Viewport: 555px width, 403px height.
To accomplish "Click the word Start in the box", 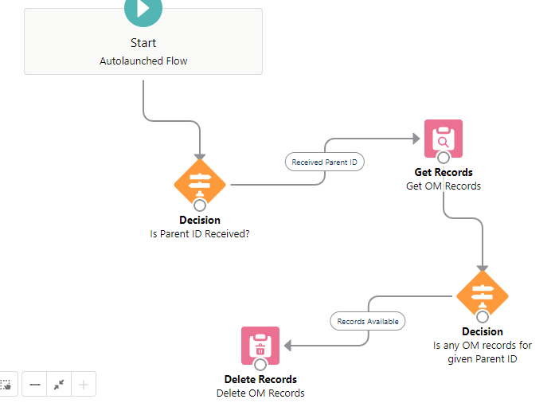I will tap(143, 43).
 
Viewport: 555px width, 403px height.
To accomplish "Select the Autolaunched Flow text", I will tap(143, 61).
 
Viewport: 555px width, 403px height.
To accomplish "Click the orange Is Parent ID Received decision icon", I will tap(200, 184).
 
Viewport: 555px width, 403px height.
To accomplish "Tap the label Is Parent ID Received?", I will tap(200, 234).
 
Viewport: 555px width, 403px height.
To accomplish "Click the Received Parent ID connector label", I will tap(325, 162).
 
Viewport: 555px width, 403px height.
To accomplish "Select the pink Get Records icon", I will tap(443, 139).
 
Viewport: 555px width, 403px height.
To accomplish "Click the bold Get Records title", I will tap(444, 172).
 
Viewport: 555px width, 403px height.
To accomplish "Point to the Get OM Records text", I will tap(444, 186).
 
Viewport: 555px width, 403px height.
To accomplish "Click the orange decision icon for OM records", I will tap(482, 295).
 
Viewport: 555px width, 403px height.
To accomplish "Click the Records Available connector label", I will tap(368, 322).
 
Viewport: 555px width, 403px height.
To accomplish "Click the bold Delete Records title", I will tap(260, 379).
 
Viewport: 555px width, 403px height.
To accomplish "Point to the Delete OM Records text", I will tap(260, 393).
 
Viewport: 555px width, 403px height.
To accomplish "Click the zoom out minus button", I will tap(35, 385).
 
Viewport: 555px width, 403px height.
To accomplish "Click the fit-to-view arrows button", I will tap(59, 385).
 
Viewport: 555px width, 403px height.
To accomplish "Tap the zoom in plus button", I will tap(84, 385).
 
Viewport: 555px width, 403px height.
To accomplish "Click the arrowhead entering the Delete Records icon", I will tap(288, 346).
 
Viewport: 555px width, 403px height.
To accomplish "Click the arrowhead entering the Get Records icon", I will tap(416, 139).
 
